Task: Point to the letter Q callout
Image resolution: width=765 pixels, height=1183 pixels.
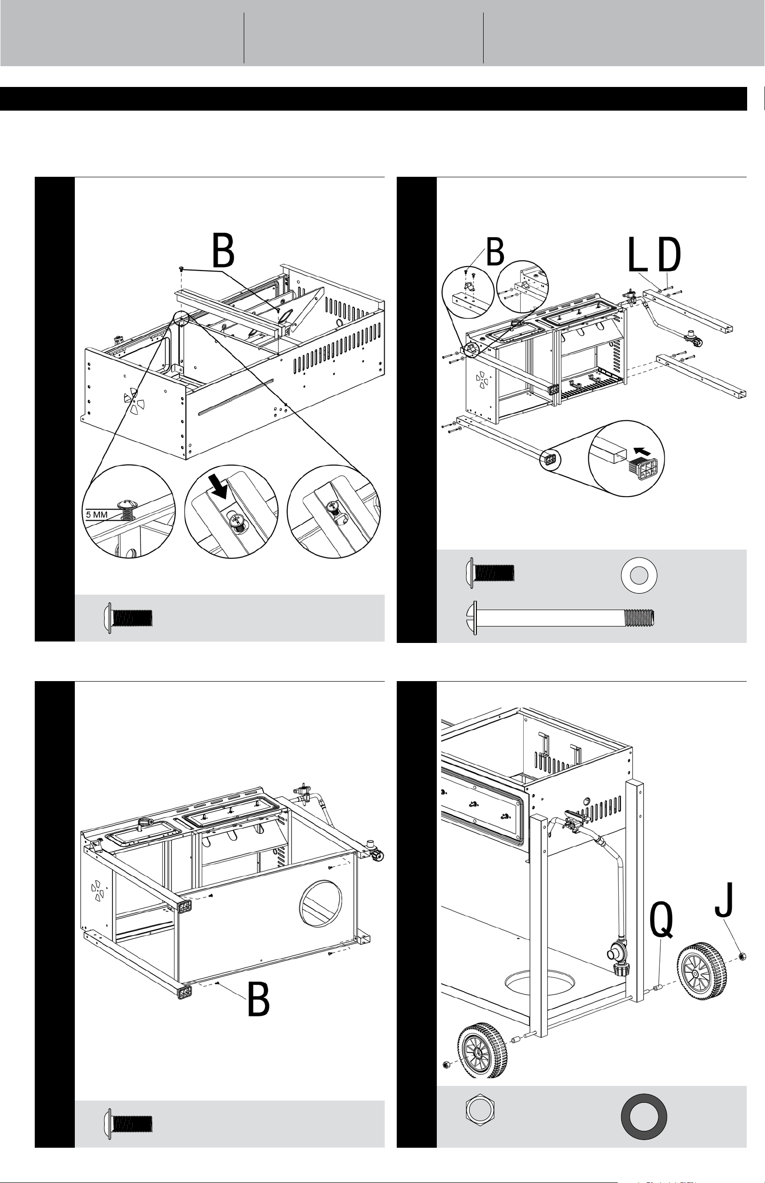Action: pos(662,921)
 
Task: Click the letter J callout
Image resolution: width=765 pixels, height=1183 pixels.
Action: pos(725,899)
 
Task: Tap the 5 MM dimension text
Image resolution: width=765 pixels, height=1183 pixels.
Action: pos(97,515)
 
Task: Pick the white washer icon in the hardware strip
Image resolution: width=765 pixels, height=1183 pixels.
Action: pos(640,576)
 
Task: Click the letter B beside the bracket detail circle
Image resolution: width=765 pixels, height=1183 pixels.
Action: pos(495,253)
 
